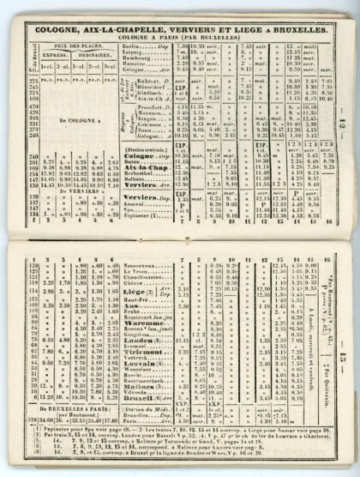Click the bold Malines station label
point(141,386)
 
